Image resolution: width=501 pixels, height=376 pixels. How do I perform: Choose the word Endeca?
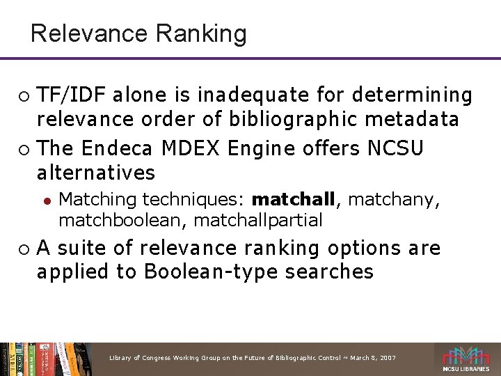pos(120,148)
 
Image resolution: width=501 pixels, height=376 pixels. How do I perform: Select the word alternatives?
pos(96,172)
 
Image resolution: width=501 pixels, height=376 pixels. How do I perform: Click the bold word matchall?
pos(294,200)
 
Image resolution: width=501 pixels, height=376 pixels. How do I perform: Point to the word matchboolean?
pos(122,221)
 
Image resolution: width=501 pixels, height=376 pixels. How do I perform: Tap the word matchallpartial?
pos(259,221)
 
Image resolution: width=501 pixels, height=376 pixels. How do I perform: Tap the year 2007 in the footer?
pos(387,357)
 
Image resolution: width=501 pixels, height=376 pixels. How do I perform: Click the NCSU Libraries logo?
pos(466,359)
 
